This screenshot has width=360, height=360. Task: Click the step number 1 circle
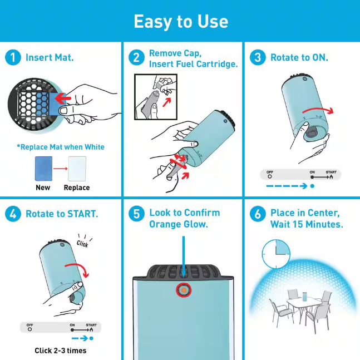pos(13,57)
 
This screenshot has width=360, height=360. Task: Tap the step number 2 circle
pos(136,57)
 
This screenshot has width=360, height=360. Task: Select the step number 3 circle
pos(258,57)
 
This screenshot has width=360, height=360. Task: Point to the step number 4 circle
pos(13,214)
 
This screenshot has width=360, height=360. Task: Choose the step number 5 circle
pos(136,214)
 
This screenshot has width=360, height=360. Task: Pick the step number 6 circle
pos(258,214)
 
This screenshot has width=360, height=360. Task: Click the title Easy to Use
pos(181,22)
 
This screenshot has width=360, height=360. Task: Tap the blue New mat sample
pos(43,169)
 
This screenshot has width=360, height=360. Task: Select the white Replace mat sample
pos(77,169)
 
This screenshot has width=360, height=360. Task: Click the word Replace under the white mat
pos(77,188)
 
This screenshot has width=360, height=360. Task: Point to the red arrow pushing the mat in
pos(63,98)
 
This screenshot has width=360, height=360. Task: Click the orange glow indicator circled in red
pos(184,290)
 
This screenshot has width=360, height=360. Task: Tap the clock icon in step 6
pos(276,254)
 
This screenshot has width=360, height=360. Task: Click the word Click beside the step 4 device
pos(82,244)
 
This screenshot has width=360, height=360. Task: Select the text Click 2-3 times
pos(61,351)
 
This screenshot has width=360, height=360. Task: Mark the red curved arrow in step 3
pos(318,109)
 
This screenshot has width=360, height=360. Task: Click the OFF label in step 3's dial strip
pos(270,172)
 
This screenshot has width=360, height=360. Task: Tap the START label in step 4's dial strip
pos(91,325)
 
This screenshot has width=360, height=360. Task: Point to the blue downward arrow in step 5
pos(184,257)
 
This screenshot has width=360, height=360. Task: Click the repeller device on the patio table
pos(305,297)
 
